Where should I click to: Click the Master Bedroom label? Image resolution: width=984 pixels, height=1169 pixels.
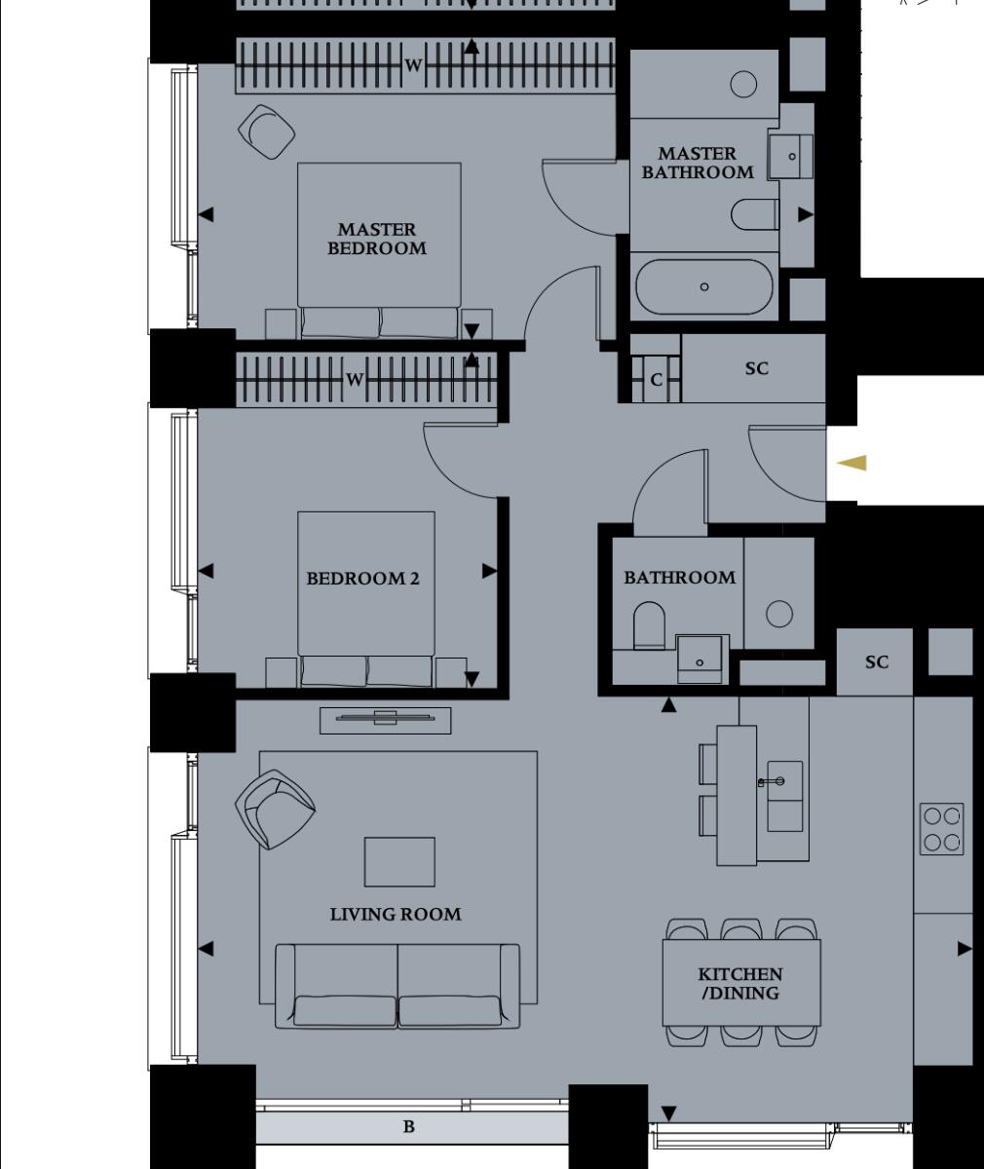click(x=376, y=239)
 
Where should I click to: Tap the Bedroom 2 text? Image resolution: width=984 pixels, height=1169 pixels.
click(x=362, y=579)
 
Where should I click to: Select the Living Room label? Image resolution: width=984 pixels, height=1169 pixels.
click(x=395, y=914)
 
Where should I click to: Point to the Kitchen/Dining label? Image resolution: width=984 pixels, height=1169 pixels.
click(x=739, y=984)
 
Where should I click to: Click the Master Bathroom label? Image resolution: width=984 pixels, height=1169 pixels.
click(x=697, y=163)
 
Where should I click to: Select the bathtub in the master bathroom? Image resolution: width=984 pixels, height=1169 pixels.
click(x=703, y=286)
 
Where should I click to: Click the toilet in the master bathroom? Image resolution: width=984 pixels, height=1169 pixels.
click(x=753, y=214)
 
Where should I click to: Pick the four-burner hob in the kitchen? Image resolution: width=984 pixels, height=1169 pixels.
click(x=941, y=829)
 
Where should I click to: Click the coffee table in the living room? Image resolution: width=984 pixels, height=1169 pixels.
click(x=399, y=861)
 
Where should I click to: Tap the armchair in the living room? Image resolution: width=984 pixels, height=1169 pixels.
click(x=274, y=809)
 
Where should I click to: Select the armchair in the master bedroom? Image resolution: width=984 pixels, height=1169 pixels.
click(x=266, y=131)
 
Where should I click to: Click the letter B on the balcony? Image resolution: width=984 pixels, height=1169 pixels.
click(x=409, y=1127)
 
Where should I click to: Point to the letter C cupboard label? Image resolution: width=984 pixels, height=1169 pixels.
click(x=656, y=380)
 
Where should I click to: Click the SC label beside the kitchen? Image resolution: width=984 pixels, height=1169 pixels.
click(x=876, y=662)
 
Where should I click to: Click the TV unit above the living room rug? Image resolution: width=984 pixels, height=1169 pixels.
click(x=385, y=719)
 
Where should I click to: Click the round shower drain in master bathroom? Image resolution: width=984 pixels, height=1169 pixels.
click(x=743, y=85)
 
